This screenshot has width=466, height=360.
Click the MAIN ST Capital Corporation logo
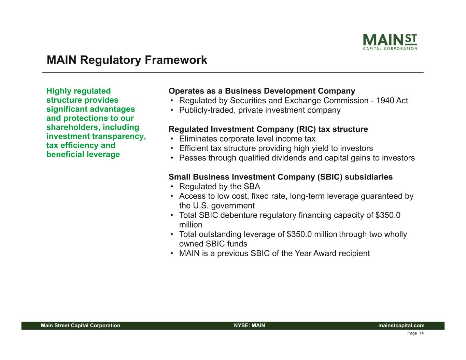(x=390, y=42)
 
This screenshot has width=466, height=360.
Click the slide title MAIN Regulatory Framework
(x=127, y=60)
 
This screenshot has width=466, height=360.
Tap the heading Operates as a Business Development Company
(x=262, y=91)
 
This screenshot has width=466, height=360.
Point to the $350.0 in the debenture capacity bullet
(x=388, y=215)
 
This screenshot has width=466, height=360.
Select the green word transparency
(x=119, y=136)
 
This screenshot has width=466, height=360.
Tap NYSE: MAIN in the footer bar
(x=250, y=326)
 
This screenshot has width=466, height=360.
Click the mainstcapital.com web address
(x=401, y=326)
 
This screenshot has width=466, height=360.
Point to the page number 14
(x=422, y=333)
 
